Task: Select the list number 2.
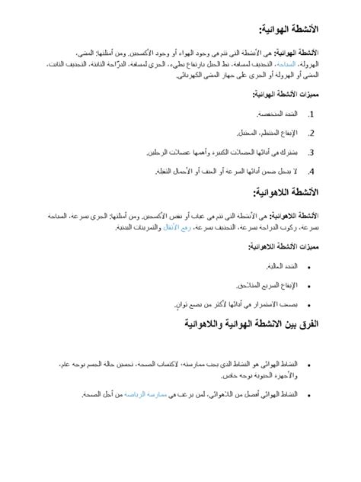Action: tap(311, 133)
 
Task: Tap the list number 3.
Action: tap(311, 152)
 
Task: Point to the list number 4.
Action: tap(311, 171)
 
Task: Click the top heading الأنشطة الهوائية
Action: tap(289, 29)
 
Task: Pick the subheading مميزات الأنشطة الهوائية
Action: tap(285, 95)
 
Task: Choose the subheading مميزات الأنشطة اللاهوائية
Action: tap(282, 246)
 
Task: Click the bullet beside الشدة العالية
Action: tap(308, 266)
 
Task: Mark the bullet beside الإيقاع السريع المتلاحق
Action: tap(308, 285)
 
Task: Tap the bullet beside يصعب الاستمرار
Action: tap(308, 304)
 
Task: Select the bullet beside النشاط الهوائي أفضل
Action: tap(308, 394)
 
